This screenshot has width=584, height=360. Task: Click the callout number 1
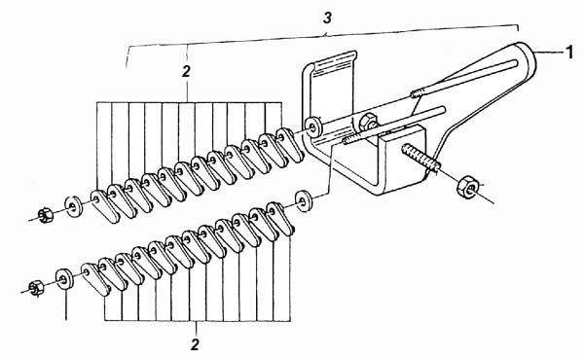coord(569,53)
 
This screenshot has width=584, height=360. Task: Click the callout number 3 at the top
coord(327,18)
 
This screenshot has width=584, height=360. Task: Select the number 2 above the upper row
coord(186,71)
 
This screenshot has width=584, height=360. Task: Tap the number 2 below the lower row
coord(195,344)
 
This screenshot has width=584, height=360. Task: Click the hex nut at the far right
coord(466,187)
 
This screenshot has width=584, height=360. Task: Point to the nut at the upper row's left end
coord(45,215)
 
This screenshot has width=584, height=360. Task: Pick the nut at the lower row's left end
coord(36,287)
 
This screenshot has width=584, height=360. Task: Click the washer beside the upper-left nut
coord(74,205)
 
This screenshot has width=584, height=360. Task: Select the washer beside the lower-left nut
coord(64,278)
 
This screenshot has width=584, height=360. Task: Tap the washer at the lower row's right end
coord(304,201)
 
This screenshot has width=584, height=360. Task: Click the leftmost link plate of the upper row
coord(104,205)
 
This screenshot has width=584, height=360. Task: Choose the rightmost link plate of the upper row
coord(289,144)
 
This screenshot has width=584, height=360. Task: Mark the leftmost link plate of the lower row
coord(95,278)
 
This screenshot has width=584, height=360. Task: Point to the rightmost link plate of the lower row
coord(281,219)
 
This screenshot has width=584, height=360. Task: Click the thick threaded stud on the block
coord(421,158)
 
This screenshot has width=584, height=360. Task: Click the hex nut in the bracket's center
coord(368,123)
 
